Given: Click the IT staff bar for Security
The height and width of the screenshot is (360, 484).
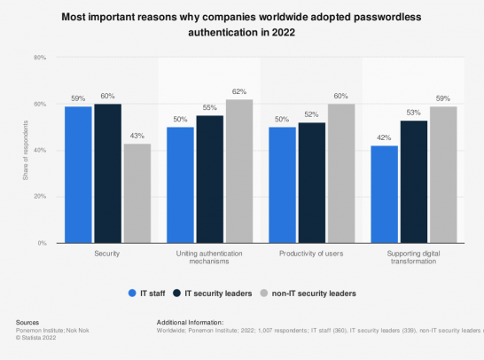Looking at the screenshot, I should point(78,174).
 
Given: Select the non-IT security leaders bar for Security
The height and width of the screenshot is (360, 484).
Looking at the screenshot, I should point(137,192).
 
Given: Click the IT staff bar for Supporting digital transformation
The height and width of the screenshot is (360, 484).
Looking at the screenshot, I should point(385,193).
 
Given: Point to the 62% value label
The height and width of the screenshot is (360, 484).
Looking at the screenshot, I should point(240,91).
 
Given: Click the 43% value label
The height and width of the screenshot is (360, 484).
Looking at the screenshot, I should point(137,136).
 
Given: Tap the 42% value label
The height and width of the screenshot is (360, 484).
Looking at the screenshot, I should point(385,137).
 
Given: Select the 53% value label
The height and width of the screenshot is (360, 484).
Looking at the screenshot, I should point(414,113).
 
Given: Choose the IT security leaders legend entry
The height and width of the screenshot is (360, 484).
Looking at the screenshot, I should point(215,291).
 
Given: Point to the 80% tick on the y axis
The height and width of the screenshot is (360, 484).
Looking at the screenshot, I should point(40,58).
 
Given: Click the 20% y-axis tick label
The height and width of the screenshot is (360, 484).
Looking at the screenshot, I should point(40,197).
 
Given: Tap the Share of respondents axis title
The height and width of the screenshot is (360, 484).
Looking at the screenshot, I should point(26,151).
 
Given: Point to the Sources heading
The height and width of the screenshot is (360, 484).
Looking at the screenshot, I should point(28,322).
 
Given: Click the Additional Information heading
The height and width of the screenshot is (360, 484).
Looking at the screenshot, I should point(189,322).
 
